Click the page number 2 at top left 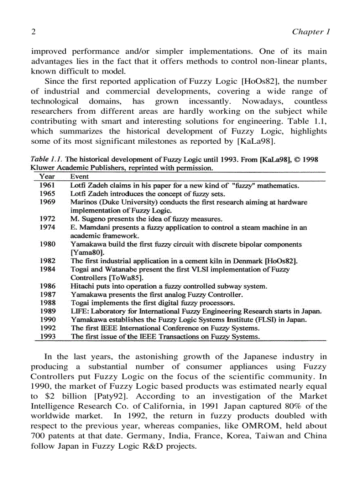click(x=33, y=32)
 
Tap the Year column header click(x=47, y=176)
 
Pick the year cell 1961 click(x=47, y=186)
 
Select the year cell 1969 click(x=47, y=202)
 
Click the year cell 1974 click(x=47, y=227)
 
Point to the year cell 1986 click(x=47, y=286)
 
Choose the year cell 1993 click(x=47, y=336)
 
